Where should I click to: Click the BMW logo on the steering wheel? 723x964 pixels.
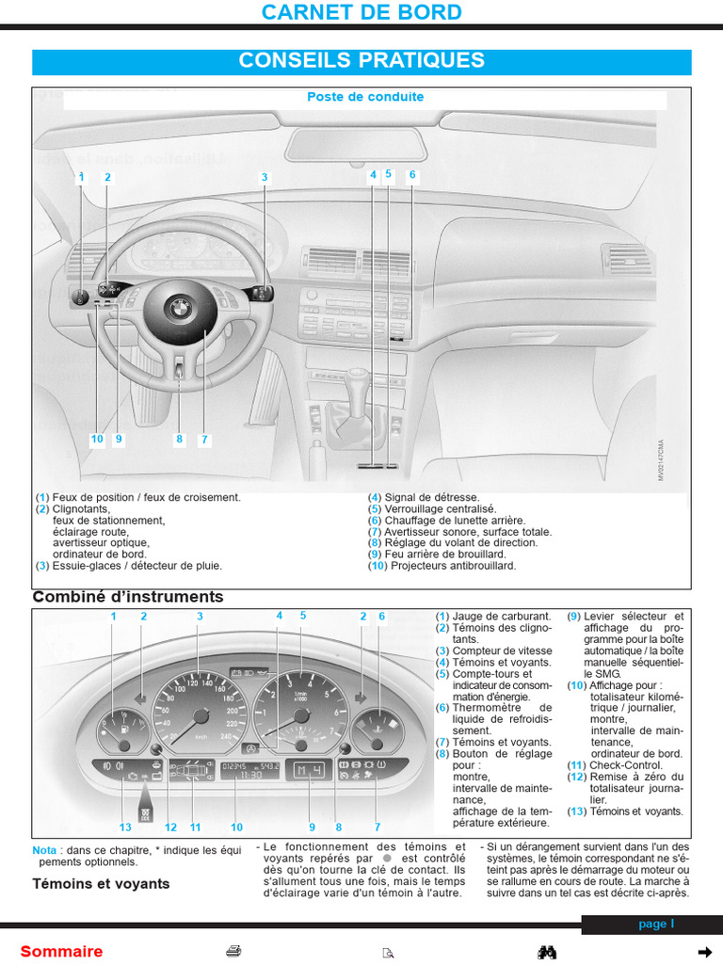pyautogui.click(x=178, y=307)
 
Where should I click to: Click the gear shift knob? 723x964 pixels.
pyautogui.click(x=358, y=384)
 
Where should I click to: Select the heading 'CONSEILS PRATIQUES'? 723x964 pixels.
pyautogui.click(x=361, y=61)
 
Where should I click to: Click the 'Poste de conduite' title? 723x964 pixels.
pyautogui.click(x=365, y=97)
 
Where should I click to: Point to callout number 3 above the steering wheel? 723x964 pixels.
pyautogui.click(x=265, y=177)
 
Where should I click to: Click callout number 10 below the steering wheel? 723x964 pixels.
pyautogui.click(x=97, y=439)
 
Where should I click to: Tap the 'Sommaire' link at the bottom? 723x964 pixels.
pyautogui.click(x=61, y=952)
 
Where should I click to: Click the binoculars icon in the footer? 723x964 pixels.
pyautogui.click(x=547, y=952)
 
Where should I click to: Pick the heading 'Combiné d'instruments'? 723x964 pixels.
pyautogui.click(x=128, y=597)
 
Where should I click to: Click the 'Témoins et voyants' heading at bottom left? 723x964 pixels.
pyautogui.click(x=101, y=884)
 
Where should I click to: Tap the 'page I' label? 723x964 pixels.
pyautogui.click(x=656, y=924)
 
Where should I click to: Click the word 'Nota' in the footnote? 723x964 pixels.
pyautogui.click(x=44, y=850)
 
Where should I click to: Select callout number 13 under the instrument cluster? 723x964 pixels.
pyautogui.click(x=125, y=827)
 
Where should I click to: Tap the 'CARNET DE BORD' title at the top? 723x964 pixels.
pyautogui.click(x=361, y=12)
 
